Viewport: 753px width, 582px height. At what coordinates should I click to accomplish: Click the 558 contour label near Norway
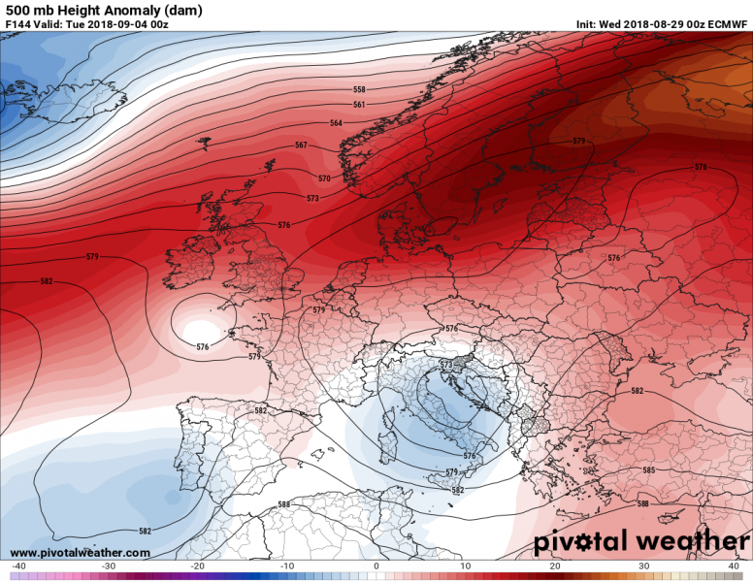[359, 89]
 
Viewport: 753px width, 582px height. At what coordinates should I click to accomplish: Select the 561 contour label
[359, 105]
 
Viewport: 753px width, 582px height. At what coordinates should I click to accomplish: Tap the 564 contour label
[336, 123]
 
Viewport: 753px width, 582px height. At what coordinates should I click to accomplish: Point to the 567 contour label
[301, 145]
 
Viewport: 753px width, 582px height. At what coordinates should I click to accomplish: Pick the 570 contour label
[324, 178]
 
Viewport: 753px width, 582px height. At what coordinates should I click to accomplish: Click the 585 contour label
[648, 470]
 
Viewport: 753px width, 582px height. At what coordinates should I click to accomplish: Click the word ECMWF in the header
[727, 23]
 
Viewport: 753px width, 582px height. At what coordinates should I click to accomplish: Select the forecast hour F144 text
[19, 23]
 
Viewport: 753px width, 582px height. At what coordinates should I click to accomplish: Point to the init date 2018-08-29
[660, 23]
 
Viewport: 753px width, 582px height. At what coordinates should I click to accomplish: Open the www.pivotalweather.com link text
[80, 553]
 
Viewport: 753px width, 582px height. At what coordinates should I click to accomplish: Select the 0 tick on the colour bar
[376, 566]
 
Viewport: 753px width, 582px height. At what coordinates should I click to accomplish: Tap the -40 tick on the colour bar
[17, 566]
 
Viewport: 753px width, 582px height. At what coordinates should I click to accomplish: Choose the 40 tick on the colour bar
[734, 566]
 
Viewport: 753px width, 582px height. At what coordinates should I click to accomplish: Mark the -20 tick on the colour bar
[197, 566]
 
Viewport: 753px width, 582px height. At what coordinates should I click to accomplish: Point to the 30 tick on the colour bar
[644, 566]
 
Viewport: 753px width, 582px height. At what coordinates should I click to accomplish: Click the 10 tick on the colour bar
[466, 566]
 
